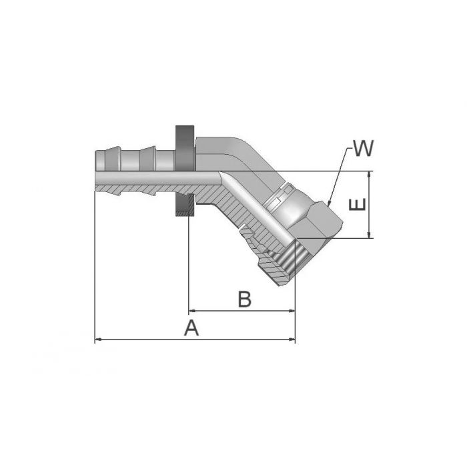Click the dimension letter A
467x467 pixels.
click(x=192, y=328)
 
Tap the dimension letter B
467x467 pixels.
click(x=244, y=300)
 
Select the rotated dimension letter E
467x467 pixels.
click(x=358, y=205)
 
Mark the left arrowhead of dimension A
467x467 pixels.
click(x=98, y=340)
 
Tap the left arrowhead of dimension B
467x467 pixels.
click(x=191, y=311)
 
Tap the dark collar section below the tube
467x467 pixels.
click(x=185, y=205)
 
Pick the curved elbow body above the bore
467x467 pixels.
click(x=230, y=151)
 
